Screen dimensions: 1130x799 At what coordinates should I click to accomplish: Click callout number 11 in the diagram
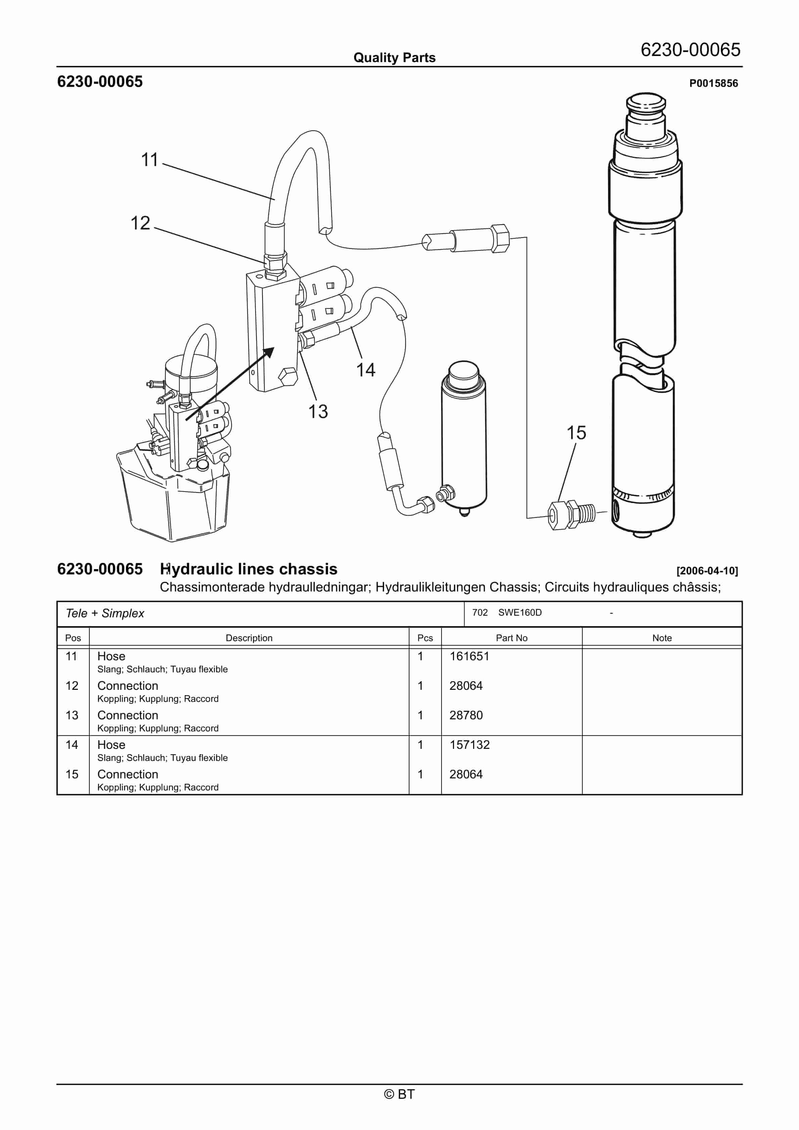[149, 160]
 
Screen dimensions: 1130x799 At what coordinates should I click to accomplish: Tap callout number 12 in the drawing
[140, 223]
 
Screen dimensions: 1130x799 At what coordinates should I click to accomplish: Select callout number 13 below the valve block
[318, 411]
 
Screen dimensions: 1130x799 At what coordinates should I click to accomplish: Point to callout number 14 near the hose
[366, 370]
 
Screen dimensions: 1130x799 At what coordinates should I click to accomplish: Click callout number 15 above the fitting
[576, 433]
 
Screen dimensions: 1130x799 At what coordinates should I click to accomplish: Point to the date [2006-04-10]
[707, 571]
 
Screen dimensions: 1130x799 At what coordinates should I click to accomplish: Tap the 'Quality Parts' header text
[394, 58]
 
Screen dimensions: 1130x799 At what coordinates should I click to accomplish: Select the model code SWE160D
[520, 613]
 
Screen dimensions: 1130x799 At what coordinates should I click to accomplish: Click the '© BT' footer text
[399, 1094]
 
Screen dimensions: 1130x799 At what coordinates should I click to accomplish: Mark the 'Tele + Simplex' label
[105, 613]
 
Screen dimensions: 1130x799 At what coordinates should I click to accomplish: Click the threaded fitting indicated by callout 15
[571, 515]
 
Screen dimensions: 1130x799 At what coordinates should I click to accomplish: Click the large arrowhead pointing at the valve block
[268, 353]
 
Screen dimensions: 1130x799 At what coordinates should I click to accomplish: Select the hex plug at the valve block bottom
[287, 377]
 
